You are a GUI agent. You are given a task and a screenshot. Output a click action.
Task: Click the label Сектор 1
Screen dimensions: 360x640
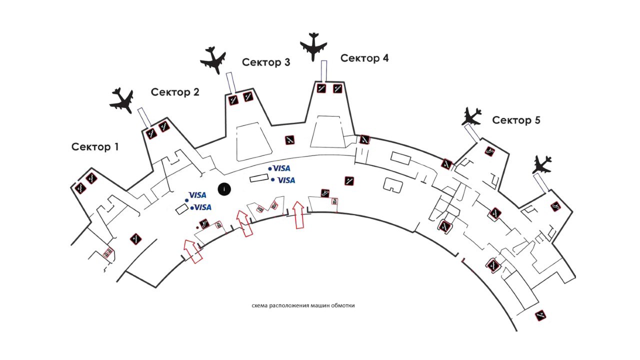coord(95,147)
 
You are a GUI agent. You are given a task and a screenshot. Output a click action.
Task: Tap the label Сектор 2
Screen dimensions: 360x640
coord(175,92)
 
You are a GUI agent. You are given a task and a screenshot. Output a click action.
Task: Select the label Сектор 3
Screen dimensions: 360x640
coord(266,62)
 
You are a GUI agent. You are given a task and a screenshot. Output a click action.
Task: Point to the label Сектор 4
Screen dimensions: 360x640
coord(364,58)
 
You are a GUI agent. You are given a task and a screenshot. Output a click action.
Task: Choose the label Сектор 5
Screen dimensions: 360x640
coord(516,120)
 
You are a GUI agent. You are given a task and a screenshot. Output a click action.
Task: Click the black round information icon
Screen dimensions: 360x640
coord(225,188)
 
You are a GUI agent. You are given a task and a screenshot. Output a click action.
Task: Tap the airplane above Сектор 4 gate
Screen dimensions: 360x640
coord(313,46)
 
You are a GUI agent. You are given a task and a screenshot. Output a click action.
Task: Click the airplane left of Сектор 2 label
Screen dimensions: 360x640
coord(121,99)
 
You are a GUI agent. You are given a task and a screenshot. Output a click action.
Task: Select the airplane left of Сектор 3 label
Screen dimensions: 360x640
coord(213,60)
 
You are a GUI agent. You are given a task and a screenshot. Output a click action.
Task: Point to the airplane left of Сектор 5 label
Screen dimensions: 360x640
coord(471,116)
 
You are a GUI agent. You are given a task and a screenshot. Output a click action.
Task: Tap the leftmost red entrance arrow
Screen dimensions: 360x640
coord(192,251)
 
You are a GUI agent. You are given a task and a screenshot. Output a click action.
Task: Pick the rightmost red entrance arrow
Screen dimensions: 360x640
coord(298,214)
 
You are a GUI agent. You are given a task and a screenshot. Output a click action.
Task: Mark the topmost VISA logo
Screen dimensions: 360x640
coord(281,168)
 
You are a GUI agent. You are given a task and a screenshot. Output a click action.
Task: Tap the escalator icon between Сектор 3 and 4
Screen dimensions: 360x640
coord(289,140)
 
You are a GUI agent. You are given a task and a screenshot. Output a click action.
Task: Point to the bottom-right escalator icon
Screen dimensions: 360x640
coord(540,315)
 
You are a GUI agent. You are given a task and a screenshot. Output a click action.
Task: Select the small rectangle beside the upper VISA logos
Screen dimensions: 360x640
coord(259,178)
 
